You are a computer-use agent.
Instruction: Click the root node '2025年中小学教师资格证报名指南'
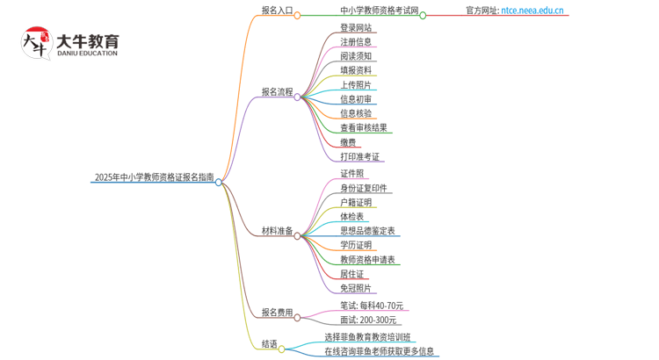(x=154, y=177)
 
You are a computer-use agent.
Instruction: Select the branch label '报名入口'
(x=277, y=11)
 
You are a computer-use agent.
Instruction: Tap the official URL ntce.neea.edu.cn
(x=532, y=11)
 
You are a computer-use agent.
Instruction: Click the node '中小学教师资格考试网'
(x=379, y=11)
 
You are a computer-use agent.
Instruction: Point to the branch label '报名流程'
(x=277, y=91)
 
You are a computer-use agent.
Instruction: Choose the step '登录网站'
(x=356, y=28)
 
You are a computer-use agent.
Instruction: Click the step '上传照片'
(x=356, y=85)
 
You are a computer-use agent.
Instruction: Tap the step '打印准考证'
(x=360, y=157)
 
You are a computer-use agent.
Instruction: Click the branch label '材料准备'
(x=277, y=231)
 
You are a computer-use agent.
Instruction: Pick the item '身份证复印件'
(x=364, y=189)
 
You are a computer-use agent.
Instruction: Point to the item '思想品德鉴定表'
(x=367, y=231)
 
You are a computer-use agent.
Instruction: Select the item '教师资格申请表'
(x=367, y=260)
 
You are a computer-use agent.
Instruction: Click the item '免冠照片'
(x=356, y=288)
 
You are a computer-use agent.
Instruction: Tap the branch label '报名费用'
(x=277, y=313)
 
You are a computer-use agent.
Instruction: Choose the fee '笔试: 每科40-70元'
(x=372, y=306)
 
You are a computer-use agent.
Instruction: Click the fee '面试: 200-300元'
(x=368, y=320)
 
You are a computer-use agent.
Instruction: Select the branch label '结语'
(x=270, y=344)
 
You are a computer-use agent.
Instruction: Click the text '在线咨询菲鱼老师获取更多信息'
(x=379, y=352)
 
